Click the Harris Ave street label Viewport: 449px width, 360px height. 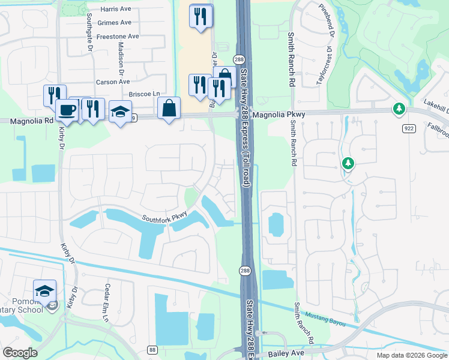tap(116, 10)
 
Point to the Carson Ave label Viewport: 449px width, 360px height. tap(112, 82)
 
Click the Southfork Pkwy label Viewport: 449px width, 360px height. tap(164, 217)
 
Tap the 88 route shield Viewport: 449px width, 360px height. tap(152, 350)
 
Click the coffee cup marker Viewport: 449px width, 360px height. tap(66, 110)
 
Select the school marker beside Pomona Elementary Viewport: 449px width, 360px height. tap(44, 291)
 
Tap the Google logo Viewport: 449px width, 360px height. tap(20, 353)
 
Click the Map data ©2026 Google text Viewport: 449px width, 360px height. tap(412, 355)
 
